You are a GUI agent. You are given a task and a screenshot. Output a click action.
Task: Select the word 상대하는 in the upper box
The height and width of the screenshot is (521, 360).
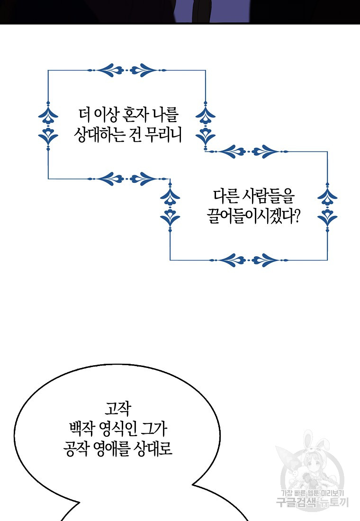99,136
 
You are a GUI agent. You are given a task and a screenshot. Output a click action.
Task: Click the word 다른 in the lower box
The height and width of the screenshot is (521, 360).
223,196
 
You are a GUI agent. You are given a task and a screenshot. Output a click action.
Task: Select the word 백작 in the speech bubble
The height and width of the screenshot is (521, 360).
81,430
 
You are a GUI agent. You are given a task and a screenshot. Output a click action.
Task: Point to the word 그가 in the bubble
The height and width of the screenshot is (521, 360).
154,430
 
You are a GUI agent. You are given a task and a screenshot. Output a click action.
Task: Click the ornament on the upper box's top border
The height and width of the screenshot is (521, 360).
127,71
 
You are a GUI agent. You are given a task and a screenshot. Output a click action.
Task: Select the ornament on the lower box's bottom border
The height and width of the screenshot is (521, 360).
249,260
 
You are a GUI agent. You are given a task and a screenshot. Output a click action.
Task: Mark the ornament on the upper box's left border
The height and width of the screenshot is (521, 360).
48,125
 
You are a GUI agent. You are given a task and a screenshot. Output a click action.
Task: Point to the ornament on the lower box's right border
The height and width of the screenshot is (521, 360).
327,206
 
